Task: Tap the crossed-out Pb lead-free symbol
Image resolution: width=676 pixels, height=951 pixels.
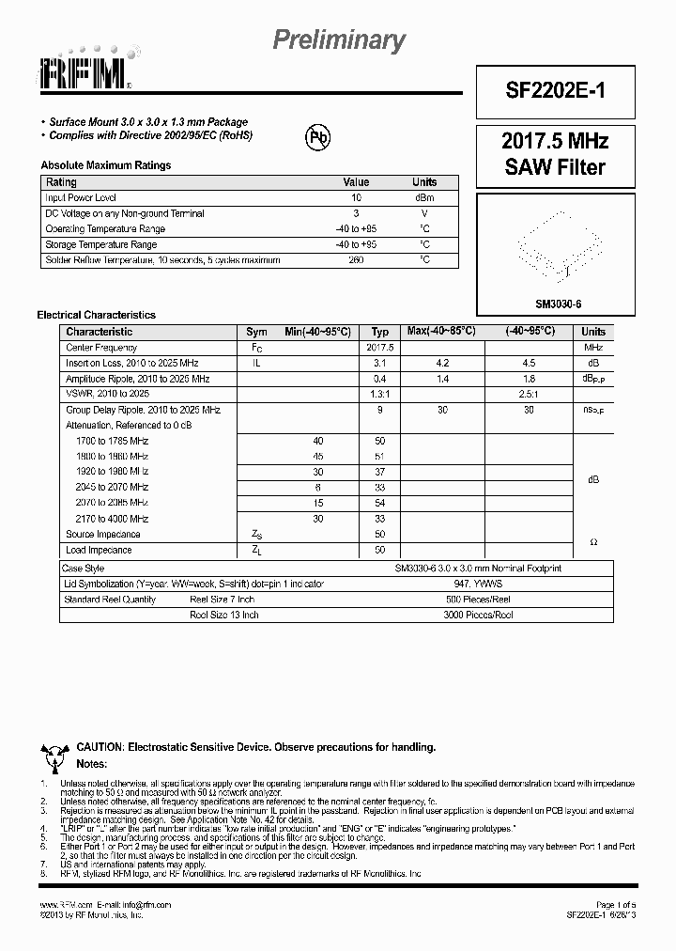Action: coord(319,137)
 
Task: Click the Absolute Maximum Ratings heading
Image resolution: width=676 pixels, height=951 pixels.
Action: coord(106,165)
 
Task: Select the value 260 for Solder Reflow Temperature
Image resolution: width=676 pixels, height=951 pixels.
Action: coord(356,259)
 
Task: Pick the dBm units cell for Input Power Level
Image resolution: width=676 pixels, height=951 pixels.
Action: coord(424,198)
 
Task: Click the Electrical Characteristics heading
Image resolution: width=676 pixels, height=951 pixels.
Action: coord(96,315)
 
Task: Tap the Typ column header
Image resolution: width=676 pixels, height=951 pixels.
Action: coord(379,332)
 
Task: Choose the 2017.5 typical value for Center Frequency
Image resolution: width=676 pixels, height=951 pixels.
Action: coord(379,348)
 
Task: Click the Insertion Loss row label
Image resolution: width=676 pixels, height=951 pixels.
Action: coord(132,363)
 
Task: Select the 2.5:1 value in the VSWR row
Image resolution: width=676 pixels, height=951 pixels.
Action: coord(529,394)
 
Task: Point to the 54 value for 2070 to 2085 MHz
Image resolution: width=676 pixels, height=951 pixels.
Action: coord(379,503)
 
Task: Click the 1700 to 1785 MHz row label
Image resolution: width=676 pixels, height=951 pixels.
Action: coord(112,441)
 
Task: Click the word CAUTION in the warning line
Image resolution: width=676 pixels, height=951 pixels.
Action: coord(99,747)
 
